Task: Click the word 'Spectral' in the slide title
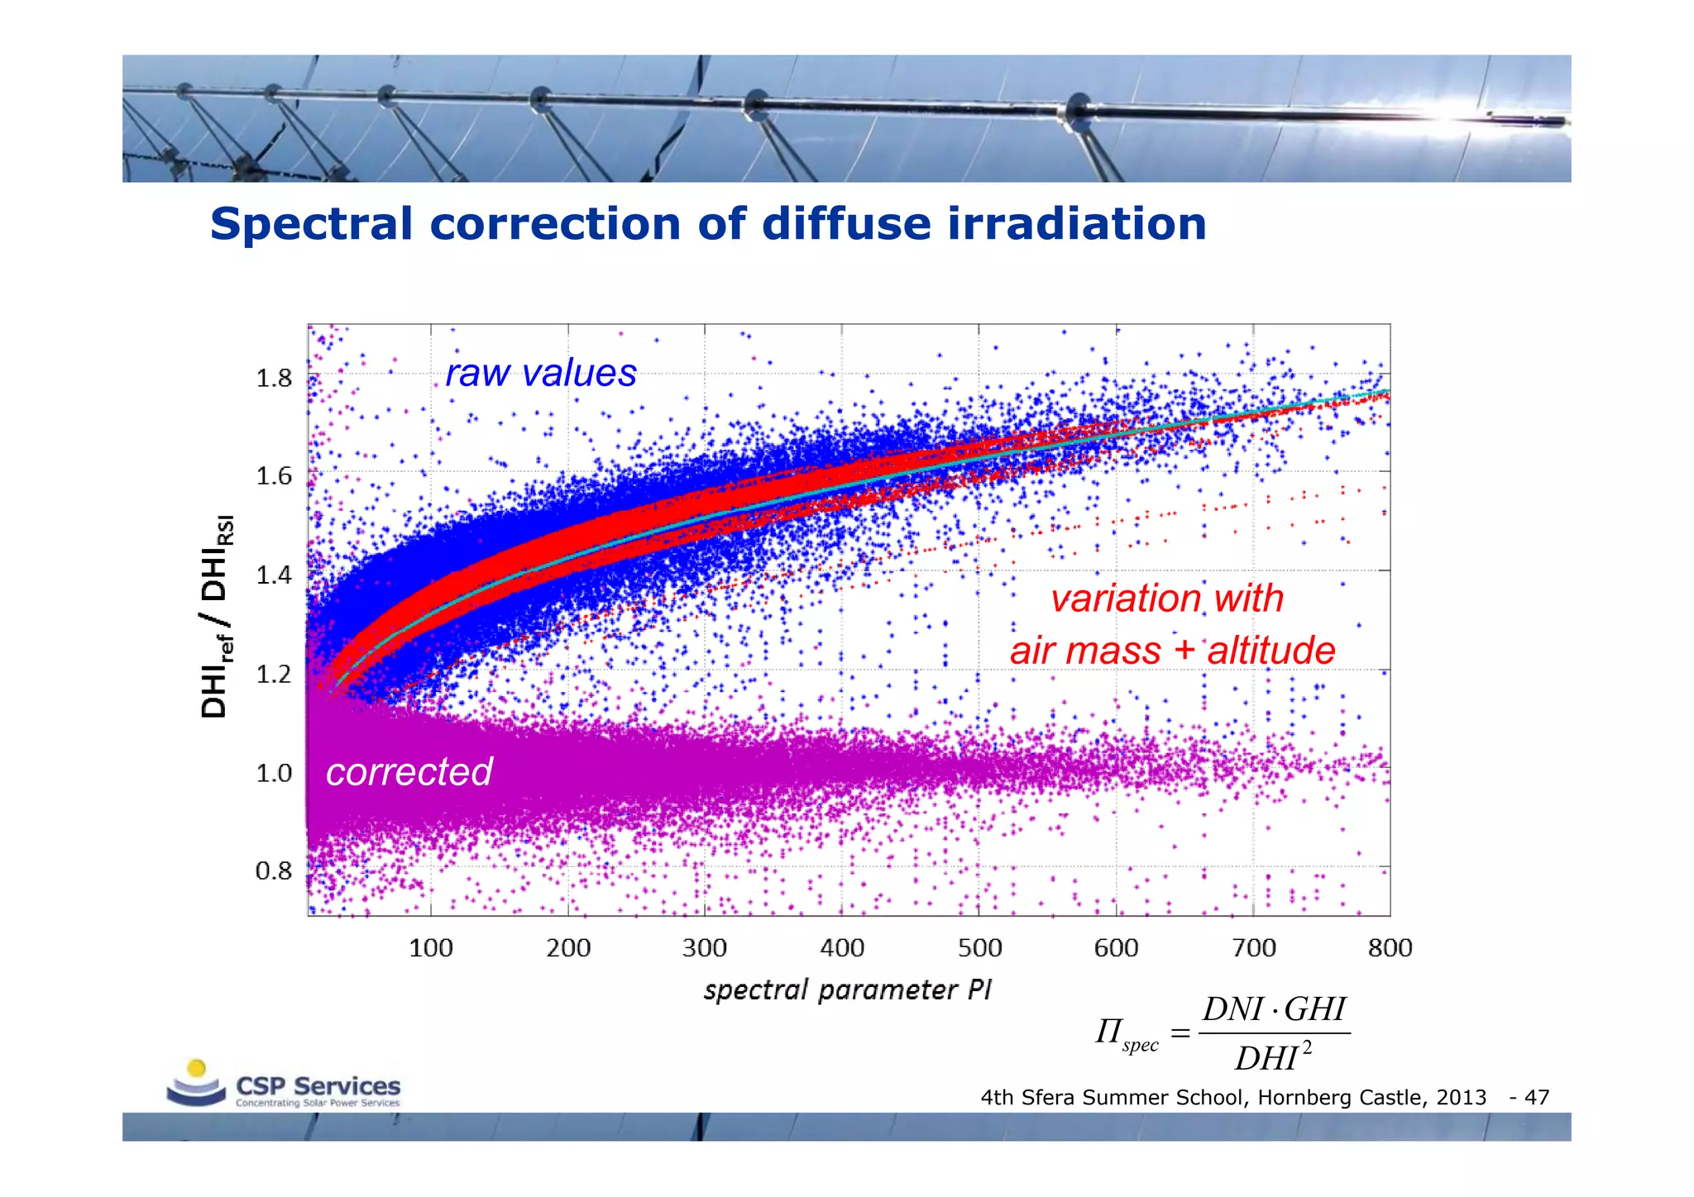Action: [x=311, y=225]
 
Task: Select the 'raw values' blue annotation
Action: [x=541, y=373]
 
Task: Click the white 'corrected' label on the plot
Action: [x=409, y=771]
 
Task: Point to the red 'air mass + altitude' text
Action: [x=1172, y=650]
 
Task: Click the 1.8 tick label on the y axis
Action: [x=274, y=379]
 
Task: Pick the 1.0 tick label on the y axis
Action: [x=274, y=773]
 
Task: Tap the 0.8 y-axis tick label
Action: [x=274, y=870]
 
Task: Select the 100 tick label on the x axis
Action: [x=431, y=947]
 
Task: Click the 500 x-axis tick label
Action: [x=979, y=947]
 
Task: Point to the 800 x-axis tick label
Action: [x=1390, y=947]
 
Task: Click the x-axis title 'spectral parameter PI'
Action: [x=847, y=990]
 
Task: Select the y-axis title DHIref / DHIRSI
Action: [x=218, y=616]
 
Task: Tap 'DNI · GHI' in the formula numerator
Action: [x=1274, y=1009]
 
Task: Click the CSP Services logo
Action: [x=284, y=1085]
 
